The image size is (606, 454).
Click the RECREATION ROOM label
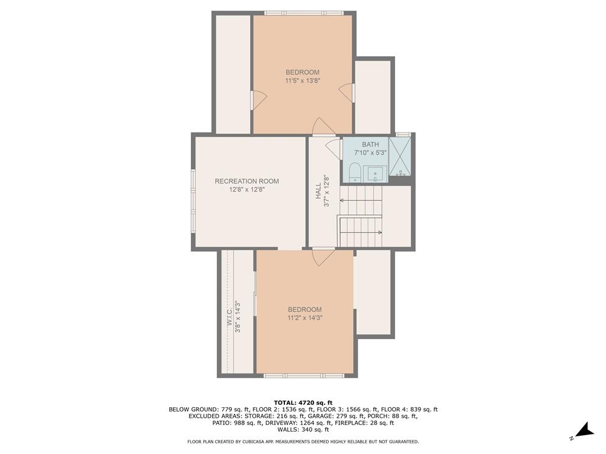(x=246, y=181)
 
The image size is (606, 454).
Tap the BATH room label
(x=370, y=144)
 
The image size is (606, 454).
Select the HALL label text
(x=318, y=191)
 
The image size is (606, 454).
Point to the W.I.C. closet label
(x=230, y=317)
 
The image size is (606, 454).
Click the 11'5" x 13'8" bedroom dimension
(x=303, y=81)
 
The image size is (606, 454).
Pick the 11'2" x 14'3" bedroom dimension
(x=304, y=318)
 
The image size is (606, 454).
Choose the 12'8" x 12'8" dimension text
(x=246, y=189)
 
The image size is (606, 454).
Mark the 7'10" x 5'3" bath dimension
(x=370, y=153)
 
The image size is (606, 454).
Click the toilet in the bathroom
(x=355, y=173)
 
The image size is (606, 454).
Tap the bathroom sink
(x=375, y=174)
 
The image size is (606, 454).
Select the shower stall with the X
(x=400, y=156)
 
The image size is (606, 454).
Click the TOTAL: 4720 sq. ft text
(x=303, y=403)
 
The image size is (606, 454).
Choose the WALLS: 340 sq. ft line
(x=303, y=429)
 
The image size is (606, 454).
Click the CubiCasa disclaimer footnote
(x=303, y=442)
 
